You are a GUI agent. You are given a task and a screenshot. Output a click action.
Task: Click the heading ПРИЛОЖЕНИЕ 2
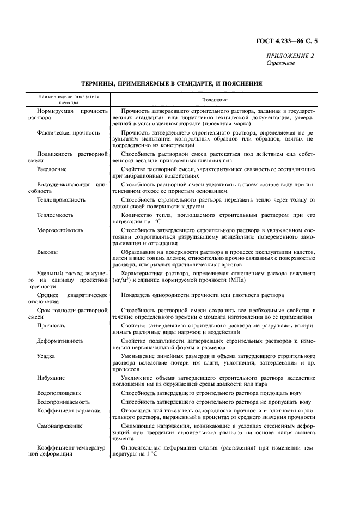290,56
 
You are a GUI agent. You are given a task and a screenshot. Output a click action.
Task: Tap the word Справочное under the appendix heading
280,63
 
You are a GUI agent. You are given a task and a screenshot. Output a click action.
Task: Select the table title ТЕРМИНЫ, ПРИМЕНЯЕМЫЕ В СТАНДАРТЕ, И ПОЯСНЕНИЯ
172,84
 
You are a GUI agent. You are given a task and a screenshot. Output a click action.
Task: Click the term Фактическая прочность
68,132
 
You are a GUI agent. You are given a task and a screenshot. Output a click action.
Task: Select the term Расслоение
52,169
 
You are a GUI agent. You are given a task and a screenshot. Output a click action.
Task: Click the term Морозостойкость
60,230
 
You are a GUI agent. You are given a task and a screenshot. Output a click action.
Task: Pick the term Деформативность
60,341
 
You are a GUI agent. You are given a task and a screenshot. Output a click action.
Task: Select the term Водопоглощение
59,393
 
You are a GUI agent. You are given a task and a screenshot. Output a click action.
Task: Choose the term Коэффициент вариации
69,410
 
